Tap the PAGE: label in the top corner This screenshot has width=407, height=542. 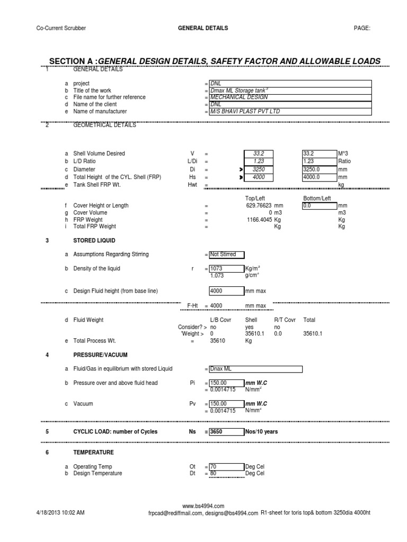362,28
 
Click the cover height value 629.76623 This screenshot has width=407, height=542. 263,205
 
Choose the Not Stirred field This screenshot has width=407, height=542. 223,255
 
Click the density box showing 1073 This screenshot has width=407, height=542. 226,269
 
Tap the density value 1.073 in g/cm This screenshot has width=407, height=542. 219,276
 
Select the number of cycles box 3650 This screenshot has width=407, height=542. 226,432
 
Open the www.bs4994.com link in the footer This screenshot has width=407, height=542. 203,506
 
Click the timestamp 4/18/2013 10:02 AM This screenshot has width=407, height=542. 60,513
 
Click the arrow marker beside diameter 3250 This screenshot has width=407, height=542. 241,170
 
